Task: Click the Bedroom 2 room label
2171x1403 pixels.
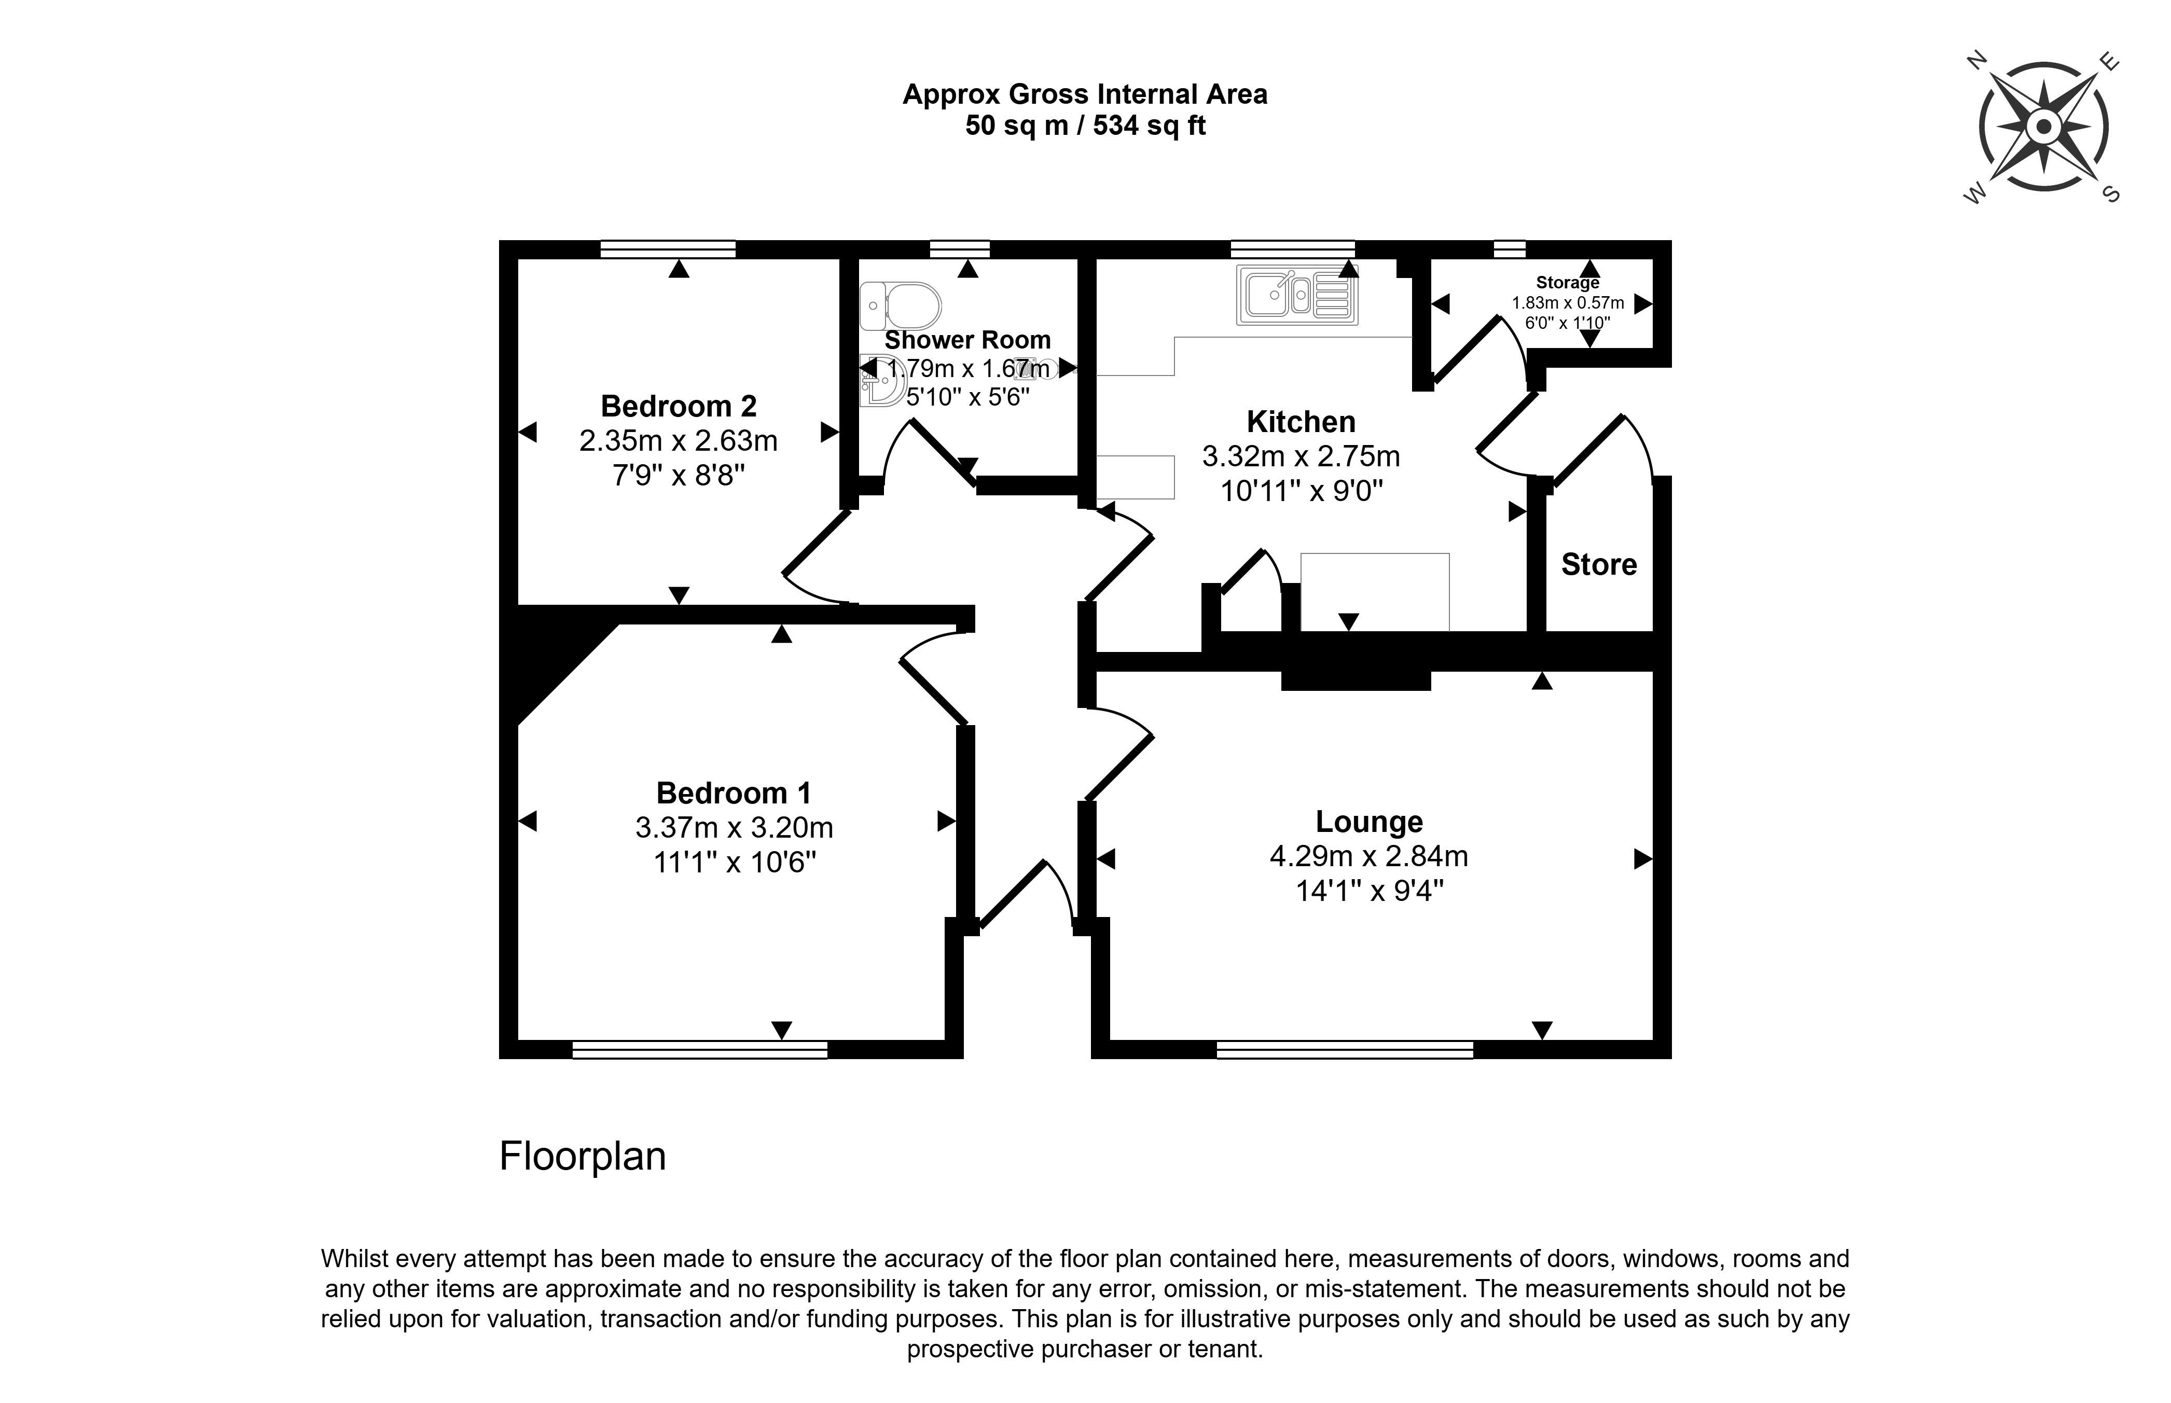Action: [679, 406]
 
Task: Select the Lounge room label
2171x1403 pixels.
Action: [1370, 822]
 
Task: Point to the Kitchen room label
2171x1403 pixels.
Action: [1301, 422]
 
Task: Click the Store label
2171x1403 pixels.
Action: [1599, 565]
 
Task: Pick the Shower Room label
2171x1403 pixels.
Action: [967, 340]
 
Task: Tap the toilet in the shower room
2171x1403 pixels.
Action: [901, 305]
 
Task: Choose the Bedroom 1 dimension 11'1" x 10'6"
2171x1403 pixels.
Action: [734, 862]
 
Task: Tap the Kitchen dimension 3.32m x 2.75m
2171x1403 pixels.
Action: [1301, 456]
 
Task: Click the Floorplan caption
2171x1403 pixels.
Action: [583, 1156]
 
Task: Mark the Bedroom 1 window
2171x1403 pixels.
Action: [700, 1049]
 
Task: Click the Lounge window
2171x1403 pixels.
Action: [1345, 1049]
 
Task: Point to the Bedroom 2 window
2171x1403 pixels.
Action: [668, 249]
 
